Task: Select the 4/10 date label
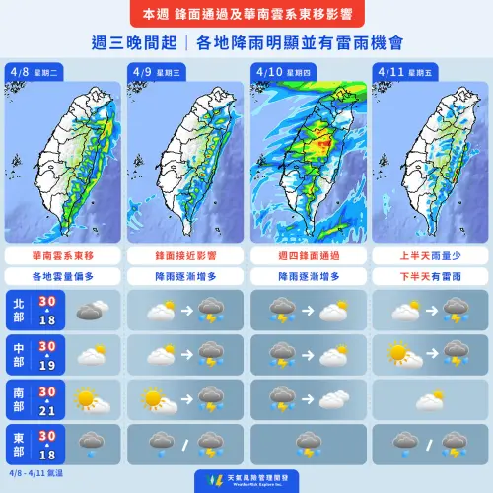point(266,72)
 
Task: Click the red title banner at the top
point(246,16)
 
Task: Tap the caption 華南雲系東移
point(62,255)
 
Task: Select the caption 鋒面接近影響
point(184,255)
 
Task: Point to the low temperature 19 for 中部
point(44,368)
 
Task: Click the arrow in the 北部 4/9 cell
point(184,312)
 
